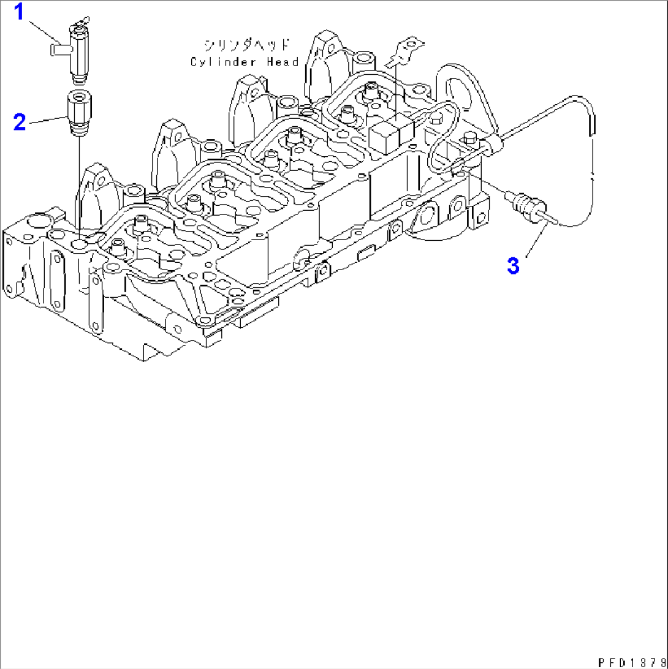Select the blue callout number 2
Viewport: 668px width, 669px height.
(x=20, y=122)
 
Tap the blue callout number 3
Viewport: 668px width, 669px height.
(x=514, y=265)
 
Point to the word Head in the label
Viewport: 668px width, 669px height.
(x=283, y=62)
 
